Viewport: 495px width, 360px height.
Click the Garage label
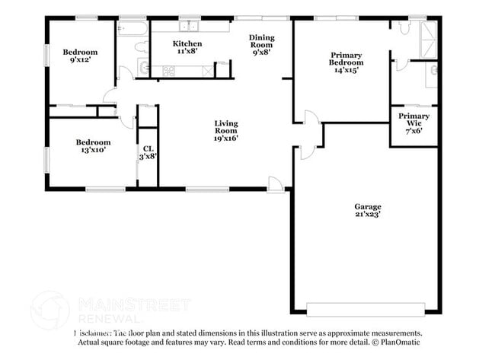367,207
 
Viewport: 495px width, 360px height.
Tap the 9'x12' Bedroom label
80,55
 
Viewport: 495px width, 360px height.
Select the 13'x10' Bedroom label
93,146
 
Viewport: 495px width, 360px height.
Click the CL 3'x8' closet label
148,152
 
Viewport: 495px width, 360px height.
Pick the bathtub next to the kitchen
133,28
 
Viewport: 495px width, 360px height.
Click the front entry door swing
276,183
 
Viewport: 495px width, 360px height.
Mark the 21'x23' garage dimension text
367,215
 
